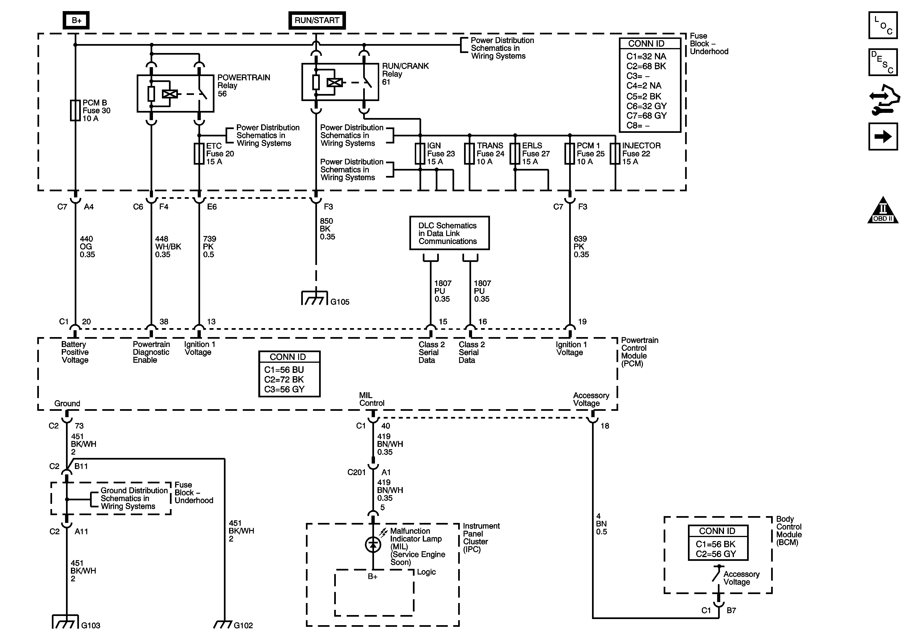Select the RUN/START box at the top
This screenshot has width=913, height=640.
[x=317, y=20]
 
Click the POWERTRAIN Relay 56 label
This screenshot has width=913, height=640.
[x=243, y=86]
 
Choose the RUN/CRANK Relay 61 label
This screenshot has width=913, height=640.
[x=405, y=74]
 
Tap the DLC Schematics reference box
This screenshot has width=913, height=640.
[x=449, y=233]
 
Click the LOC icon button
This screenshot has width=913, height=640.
[x=883, y=25]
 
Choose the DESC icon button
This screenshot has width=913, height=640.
[x=883, y=62]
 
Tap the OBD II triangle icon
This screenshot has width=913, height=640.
[x=883, y=211]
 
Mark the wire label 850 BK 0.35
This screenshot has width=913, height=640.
[x=327, y=229]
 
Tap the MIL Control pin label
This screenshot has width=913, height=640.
[x=371, y=399]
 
